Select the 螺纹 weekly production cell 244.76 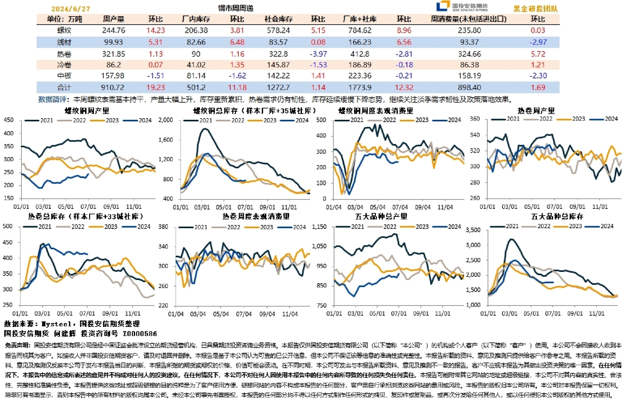click(x=113, y=31)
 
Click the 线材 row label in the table click(x=64, y=43)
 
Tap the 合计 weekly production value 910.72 click(x=113, y=87)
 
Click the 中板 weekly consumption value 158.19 click(x=469, y=76)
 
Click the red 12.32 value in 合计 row click(x=403, y=87)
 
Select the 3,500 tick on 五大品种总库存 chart click(x=474, y=230)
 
